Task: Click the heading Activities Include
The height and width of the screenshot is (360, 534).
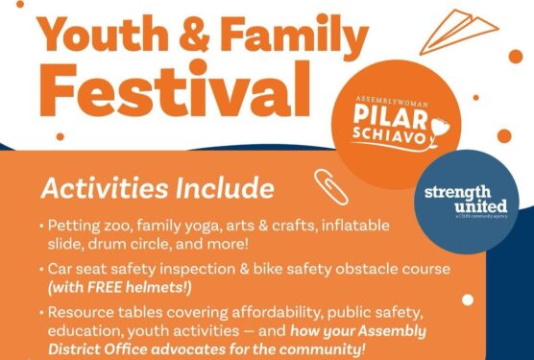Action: (x=158, y=187)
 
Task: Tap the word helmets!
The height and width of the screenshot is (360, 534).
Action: (x=162, y=286)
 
